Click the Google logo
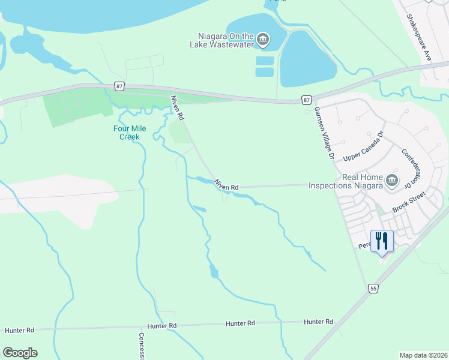[x=20, y=353]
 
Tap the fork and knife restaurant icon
[x=382, y=241]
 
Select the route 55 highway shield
[x=373, y=289]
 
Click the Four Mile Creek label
[x=126, y=133]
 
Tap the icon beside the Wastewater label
[x=263, y=40]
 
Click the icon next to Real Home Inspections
[x=391, y=180]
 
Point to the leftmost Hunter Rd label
[x=19, y=331]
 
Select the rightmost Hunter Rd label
[x=318, y=322]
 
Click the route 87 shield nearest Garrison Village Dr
[x=307, y=100]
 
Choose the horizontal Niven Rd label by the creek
[x=228, y=187]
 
